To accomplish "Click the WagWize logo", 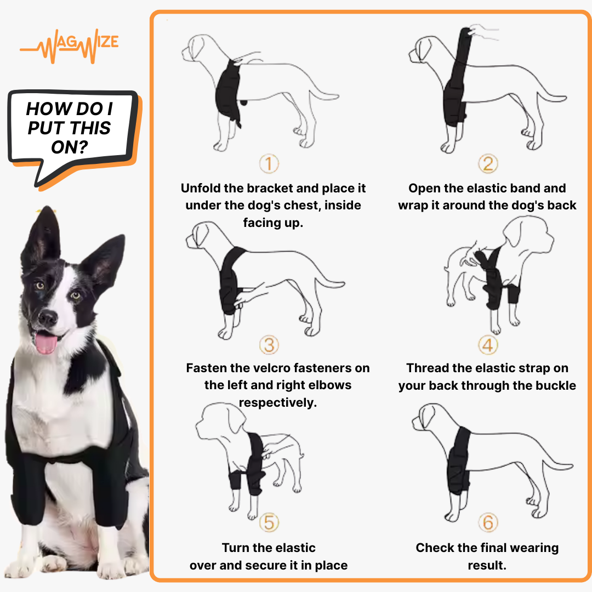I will [70, 48].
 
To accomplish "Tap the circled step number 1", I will [269, 163].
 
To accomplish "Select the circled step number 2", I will [487, 163].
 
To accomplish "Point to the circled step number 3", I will [269, 345].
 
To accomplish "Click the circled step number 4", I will [487, 345].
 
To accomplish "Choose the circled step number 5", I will [269, 522].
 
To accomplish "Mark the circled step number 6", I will [487, 522].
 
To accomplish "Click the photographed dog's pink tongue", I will [46, 343].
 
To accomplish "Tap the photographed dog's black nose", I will [48, 317].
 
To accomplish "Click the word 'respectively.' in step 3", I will [278, 403].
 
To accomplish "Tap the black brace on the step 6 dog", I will [459, 460].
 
